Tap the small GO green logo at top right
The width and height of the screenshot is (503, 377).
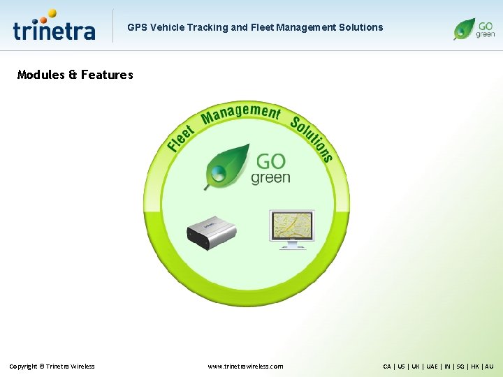tap(474, 28)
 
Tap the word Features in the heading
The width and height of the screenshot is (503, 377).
tap(107, 75)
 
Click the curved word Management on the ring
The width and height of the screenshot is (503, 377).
tap(241, 112)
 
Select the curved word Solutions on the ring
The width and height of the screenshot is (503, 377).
tap(312, 138)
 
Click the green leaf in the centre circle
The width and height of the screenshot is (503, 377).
tap(226, 165)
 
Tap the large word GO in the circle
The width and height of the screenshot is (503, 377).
tap(271, 161)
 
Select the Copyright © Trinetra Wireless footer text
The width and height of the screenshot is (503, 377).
tap(52, 366)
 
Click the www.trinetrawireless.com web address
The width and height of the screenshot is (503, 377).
tap(246, 366)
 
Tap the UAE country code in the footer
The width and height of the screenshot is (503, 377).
tap(432, 366)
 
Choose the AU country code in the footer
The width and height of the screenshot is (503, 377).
tap(489, 366)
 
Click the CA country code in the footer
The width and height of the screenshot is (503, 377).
tap(387, 366)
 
